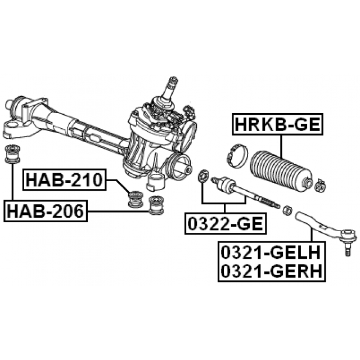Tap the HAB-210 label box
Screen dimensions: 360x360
click(x=64, y=181)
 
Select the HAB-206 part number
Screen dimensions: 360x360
click(x=45, y=211)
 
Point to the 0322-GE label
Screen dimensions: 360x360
click(x=225, y=223)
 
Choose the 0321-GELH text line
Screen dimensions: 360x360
click(x=271, y=250)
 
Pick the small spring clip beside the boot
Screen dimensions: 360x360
click(x=322, y=184)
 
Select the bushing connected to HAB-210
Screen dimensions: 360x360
click(x=134, y=199)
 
